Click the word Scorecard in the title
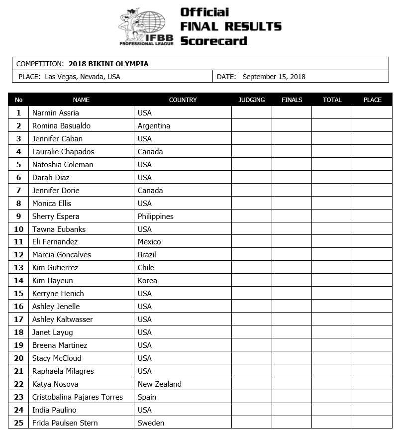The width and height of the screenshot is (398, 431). [213, 40]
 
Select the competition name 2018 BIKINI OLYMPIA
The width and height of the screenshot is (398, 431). [108, 64]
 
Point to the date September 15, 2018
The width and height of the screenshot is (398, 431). [274, 77]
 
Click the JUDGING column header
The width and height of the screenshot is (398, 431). [252, 100]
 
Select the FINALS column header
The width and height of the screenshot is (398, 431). [292, 100]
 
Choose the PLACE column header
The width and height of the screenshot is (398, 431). [372, 100]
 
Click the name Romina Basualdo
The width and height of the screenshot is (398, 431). [61, 126]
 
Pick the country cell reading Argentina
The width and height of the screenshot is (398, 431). [154, 126]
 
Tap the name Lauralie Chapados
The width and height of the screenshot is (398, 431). [63, 152]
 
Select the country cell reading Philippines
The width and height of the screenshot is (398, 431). [156, 216]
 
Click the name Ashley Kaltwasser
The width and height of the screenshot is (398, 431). [63, 320]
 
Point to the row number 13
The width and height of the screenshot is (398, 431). [19, 268]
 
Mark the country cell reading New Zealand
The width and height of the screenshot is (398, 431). [160, 384]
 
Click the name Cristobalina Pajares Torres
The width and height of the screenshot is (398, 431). [77, 397]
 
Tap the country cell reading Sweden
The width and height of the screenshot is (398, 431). [151, 423]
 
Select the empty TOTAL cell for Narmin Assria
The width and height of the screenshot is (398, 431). [332, 113]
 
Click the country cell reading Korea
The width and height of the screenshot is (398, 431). [147, 281]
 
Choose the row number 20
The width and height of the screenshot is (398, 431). [19, 358]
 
